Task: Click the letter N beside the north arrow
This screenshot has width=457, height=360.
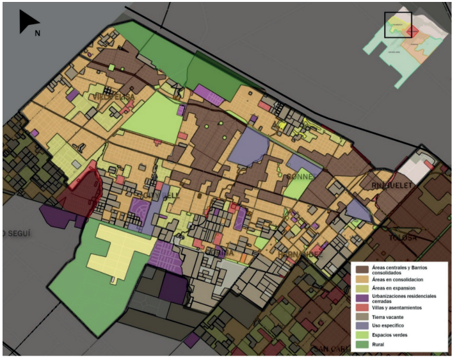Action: tap(38, 33)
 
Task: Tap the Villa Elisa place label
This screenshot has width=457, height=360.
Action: tap(115, 97)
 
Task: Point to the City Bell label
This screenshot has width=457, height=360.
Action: tap(157, 195)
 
